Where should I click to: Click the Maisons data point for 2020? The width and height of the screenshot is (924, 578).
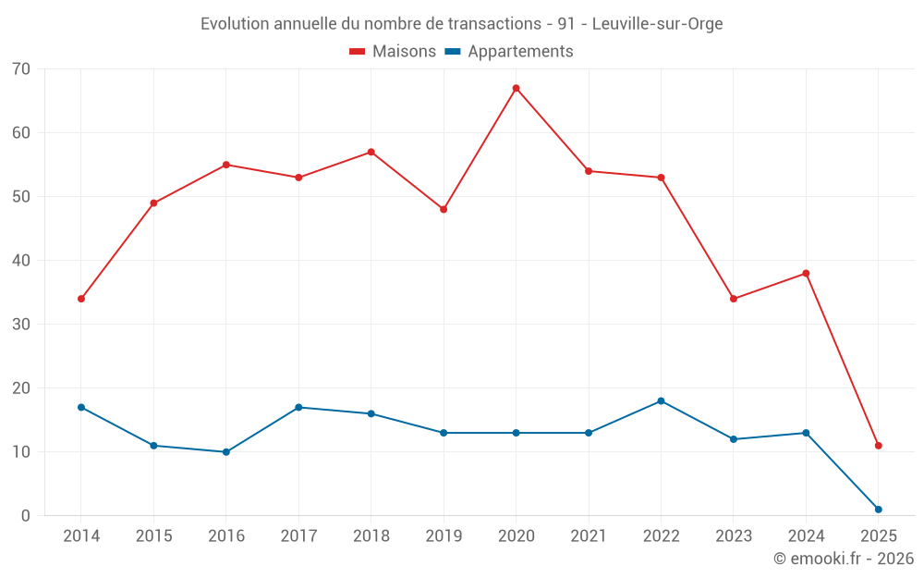pos(516,88)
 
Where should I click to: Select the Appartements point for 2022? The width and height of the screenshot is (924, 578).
pos(661,401)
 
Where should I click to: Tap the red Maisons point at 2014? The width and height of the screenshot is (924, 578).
pos(81,299)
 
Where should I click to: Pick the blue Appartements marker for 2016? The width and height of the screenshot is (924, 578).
pos(226,452)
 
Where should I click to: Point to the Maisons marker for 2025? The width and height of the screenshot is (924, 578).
pos(878,446)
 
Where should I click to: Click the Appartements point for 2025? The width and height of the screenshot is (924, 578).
pos(878,510)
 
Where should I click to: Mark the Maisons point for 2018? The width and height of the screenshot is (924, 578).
pos(371,152)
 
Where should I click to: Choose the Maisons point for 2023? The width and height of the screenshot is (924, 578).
pos(734,299)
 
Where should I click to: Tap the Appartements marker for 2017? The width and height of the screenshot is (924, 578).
pos(298,408)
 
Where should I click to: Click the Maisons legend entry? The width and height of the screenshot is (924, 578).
pos(393,52)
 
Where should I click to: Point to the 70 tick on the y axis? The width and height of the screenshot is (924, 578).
pos(21,69)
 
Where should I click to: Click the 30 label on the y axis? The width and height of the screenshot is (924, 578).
pos(21,325)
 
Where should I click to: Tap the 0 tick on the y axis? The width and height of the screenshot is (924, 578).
pos(26,516)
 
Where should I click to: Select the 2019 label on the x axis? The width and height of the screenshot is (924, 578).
pos(444,536)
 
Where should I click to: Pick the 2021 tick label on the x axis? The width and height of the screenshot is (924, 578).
pos(589,536)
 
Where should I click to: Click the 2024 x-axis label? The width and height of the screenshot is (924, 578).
pos(806,536)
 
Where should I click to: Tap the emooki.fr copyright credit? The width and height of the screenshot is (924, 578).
pos(844,559)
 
